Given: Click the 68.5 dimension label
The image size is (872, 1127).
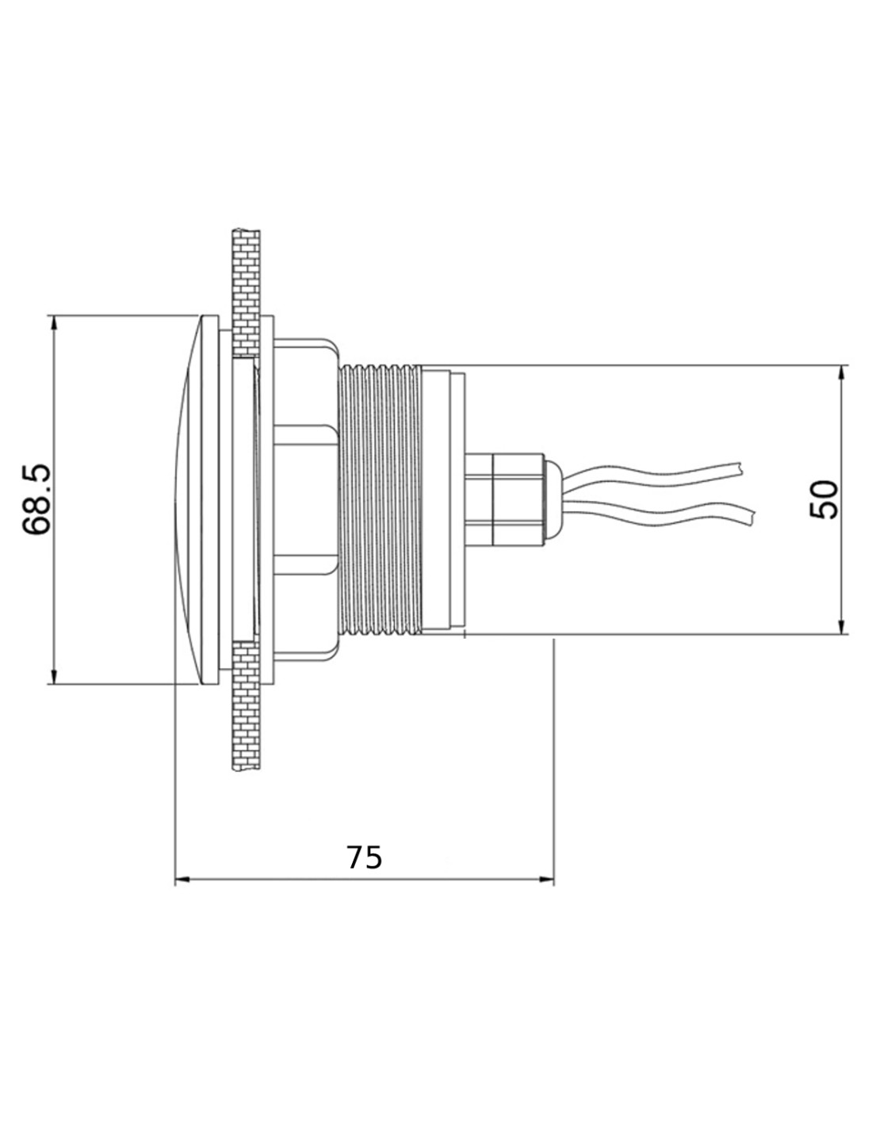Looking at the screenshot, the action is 36,499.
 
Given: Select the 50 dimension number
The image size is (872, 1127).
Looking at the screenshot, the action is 824,500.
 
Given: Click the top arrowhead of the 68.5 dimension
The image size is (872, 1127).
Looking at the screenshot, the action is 54,323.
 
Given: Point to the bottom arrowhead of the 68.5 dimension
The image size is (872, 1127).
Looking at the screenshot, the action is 54,676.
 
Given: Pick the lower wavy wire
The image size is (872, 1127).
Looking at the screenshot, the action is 659,514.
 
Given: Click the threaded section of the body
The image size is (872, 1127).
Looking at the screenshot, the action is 379,499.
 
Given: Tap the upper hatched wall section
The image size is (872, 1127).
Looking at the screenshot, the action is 247,293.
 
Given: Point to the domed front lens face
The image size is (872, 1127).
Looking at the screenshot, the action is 187,499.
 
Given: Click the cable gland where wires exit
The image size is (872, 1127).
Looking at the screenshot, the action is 504,499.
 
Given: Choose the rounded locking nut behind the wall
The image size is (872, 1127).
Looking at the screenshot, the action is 306,499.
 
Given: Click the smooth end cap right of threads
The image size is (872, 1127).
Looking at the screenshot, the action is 442,499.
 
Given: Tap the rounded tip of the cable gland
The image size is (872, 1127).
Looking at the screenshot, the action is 553,499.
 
